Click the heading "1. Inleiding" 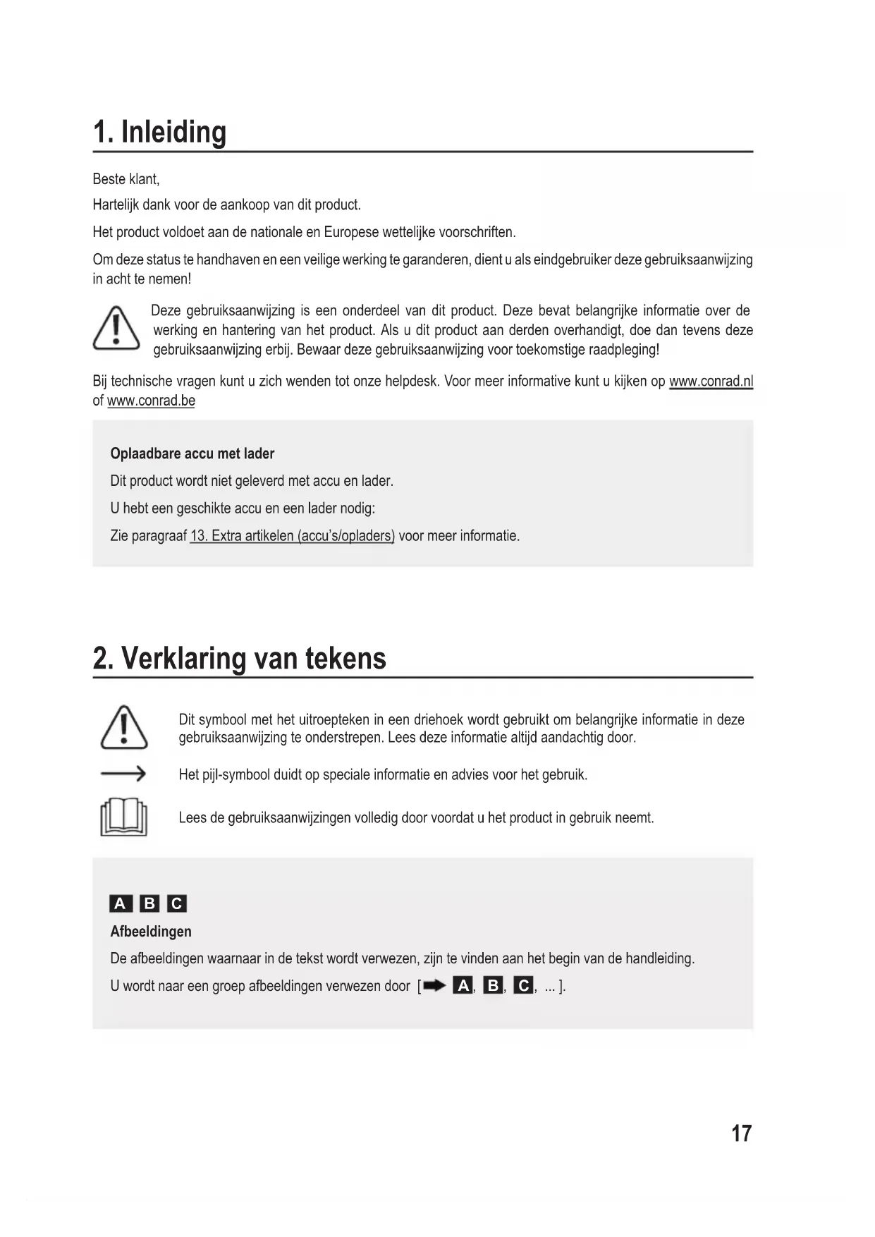(160, 133)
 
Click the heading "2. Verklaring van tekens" (240, 659)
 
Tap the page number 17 (742, 1133)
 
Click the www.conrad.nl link (711, 382)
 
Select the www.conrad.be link (151, 401)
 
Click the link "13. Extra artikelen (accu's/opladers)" (292, 536)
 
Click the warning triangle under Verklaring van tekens (124, 727)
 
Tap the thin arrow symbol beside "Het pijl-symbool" (123, 774)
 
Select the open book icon (124, 818)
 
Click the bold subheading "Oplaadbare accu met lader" (192, 453)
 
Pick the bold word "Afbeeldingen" (151, 932)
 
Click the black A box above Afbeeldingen (121, 903)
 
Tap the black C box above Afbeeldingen (176, 903)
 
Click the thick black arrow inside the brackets (435, 986)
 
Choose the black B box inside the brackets (493, 986)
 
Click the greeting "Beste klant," (126, 179)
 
